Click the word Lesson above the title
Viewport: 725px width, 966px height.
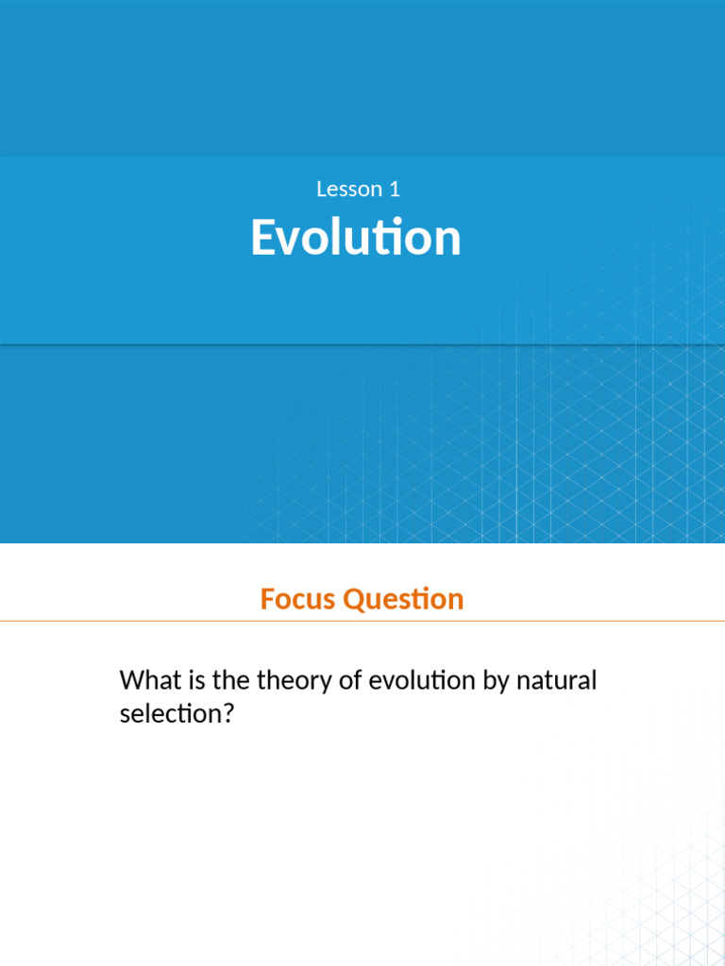345,189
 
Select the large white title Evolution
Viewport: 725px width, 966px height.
356,238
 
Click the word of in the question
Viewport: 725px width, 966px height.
349,680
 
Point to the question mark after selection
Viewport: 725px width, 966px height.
226,714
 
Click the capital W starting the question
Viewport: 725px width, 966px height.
131,680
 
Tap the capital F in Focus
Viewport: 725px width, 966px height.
267,599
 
